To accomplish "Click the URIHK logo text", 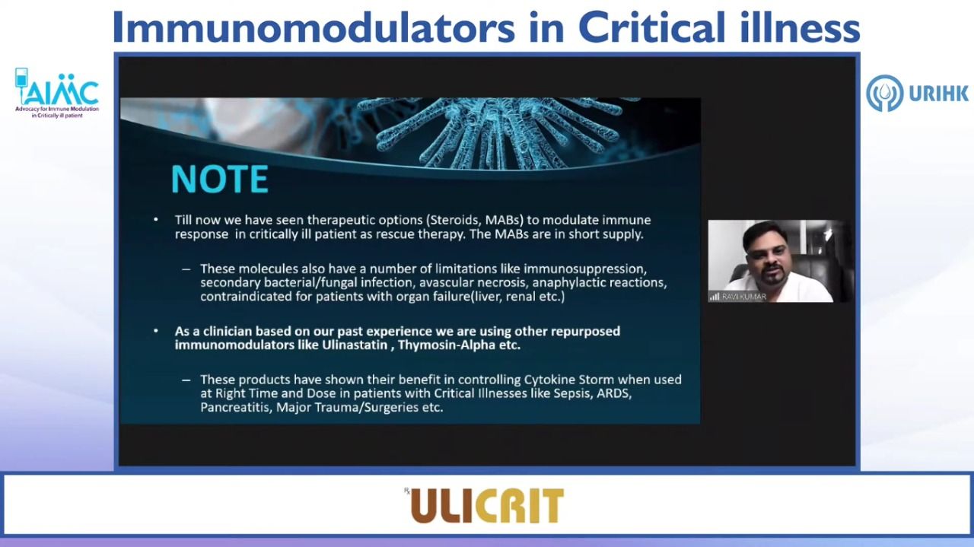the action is [938, 94].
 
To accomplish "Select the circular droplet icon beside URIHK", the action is [884, 93].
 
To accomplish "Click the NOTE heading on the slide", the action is [220, 179].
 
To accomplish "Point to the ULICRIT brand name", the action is [488, 506].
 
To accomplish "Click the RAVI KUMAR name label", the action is [744, 297].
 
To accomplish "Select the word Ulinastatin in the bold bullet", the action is [355, 345].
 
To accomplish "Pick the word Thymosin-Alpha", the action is [447, 345].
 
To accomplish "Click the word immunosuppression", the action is [585, 269].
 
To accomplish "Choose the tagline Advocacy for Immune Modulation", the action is [57, 109].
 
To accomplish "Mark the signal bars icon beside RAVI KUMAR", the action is [714, 297].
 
